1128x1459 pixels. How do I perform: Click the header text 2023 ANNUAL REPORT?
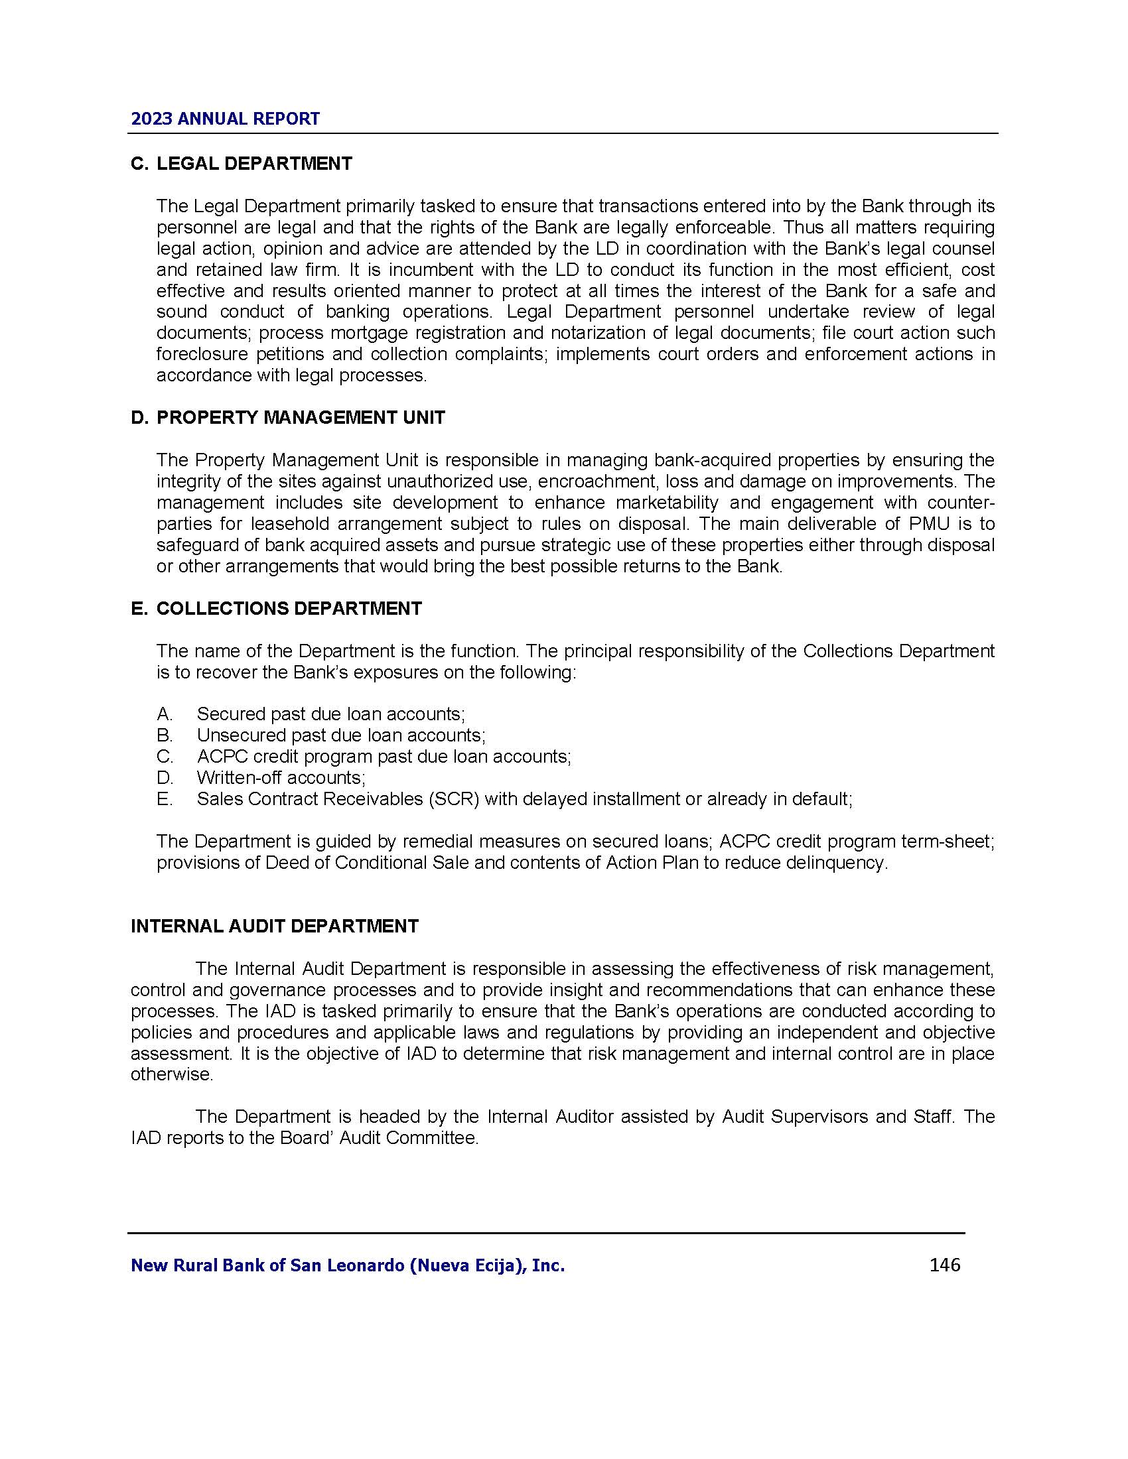[225, 119]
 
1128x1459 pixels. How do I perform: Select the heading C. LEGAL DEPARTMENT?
[242, 164]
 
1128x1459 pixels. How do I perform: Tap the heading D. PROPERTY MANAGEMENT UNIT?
[288, 418]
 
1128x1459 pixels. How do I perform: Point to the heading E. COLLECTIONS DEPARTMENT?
[277, 609]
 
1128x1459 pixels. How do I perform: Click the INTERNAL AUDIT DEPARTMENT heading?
[275, 926]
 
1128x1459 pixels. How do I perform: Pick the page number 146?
[944, 1265]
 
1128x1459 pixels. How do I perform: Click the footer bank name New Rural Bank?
[348, 1265]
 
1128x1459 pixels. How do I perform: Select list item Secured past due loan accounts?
[331, 714]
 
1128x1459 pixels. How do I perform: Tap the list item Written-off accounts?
[281, 778]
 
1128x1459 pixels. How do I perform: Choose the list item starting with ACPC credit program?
[384, 756]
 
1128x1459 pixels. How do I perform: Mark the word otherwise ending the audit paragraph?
[172, 1075]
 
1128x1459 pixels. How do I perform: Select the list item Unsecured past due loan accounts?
[341, 735]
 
